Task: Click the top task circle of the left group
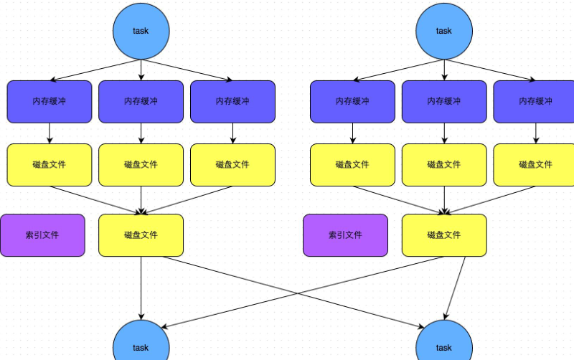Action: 141,31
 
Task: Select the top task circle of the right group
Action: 444,31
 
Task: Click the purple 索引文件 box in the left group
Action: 42,235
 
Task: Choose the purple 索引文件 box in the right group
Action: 345,235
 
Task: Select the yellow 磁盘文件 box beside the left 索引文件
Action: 141,235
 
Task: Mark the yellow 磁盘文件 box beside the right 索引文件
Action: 444,235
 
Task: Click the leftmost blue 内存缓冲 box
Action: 50,101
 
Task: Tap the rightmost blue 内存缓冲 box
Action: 535,101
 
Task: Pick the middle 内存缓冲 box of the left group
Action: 141,101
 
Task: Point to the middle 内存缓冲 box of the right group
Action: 444,101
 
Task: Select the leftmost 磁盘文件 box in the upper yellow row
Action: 50,164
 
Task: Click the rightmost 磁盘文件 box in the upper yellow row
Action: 535,164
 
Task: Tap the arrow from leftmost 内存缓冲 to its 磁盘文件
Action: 50,133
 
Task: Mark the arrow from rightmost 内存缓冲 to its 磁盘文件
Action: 535,133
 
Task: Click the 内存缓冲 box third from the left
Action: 232,101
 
